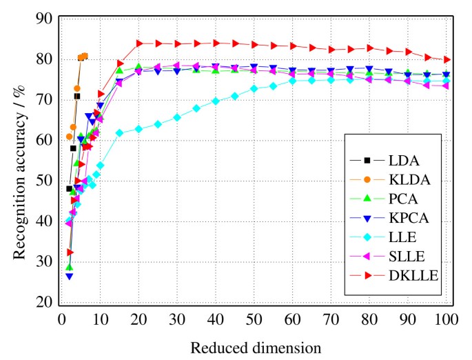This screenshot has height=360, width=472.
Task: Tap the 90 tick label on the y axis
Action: click(44, 19)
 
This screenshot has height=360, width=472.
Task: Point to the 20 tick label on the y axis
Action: click(44, 303)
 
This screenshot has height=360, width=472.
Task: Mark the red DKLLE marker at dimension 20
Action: click(139, 43)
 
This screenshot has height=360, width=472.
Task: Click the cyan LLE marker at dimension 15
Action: click(120, 132)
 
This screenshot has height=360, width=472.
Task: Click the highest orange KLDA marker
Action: click(85, 56)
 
